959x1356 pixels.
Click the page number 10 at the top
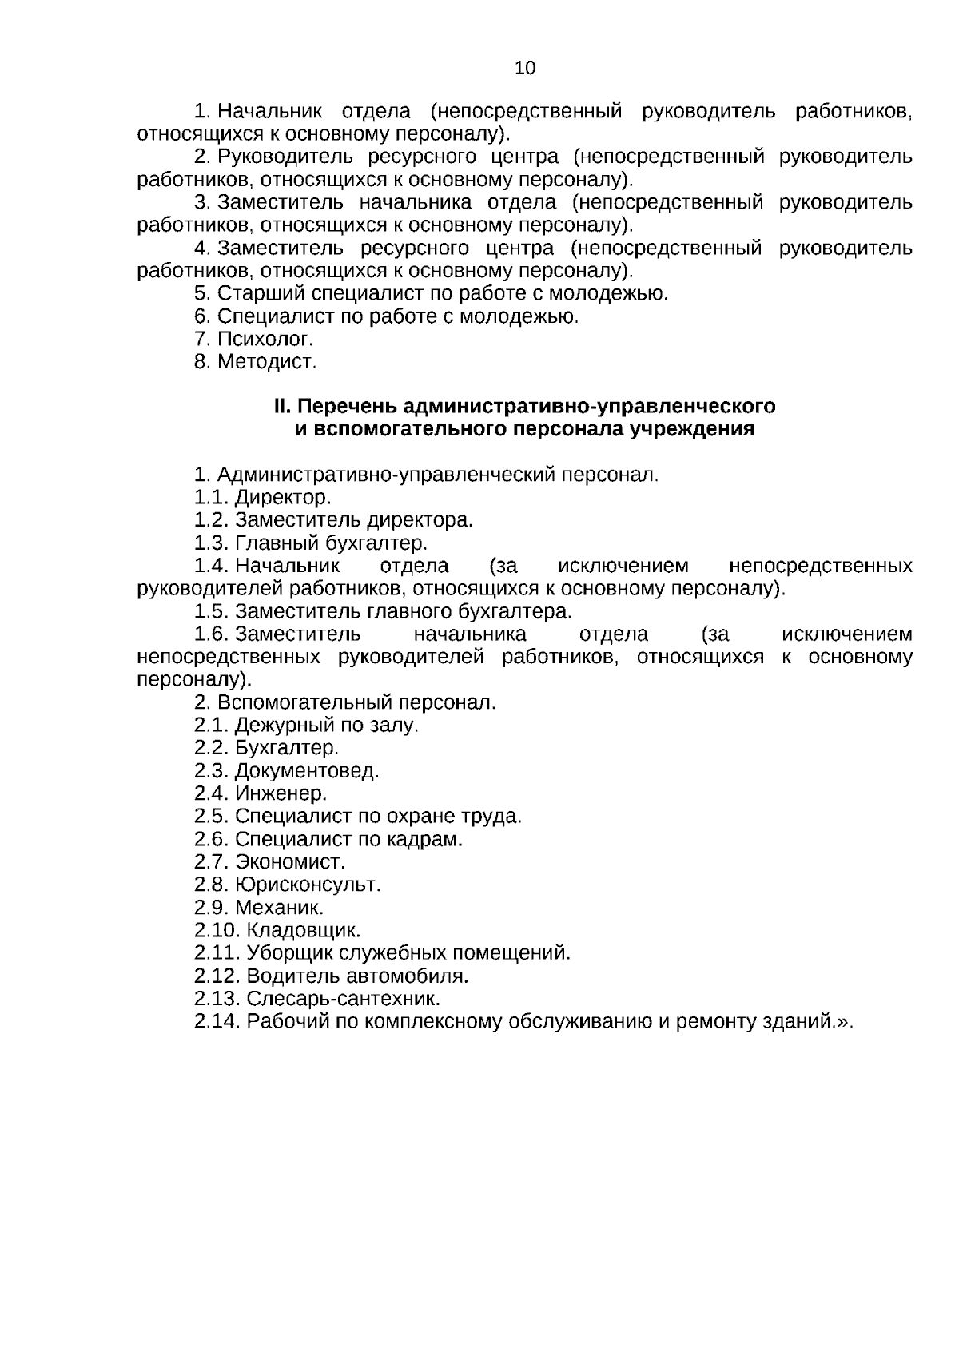(x=525, y=68)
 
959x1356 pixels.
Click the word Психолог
(x=265, y=339)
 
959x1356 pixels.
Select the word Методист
(x=267, y=362)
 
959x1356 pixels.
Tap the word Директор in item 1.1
(x=283, y=498)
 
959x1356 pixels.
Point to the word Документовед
(x=307, y=771)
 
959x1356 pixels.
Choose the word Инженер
(x=281, y=794)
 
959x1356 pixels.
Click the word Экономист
(x=290, y=862)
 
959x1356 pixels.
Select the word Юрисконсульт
(x=308, y=885)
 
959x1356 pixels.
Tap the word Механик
(x=279, y=908)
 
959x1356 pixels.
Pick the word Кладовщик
(x=304, y=931)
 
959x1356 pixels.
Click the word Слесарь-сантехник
(x=344, y=999)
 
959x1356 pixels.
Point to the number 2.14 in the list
(x=217, y=1022)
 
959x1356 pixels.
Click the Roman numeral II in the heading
(x=281, y=407)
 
